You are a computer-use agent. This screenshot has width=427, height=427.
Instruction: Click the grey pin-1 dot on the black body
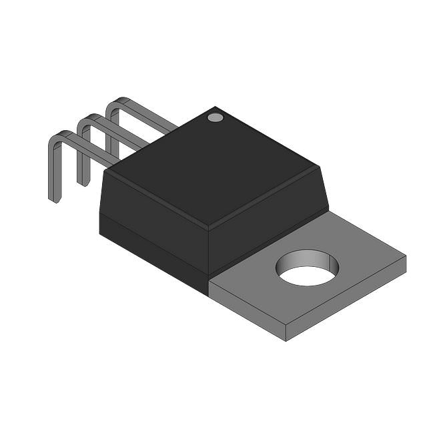(215, 117)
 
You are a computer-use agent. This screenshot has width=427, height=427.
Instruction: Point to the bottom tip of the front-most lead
(53, 199)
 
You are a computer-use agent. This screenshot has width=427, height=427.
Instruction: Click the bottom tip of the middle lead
(81, 182)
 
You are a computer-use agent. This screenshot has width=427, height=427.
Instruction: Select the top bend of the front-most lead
(58, 137)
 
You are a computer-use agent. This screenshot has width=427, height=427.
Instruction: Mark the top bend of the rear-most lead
(115, 103)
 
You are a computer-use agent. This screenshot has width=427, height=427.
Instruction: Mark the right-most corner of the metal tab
(405, 255)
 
